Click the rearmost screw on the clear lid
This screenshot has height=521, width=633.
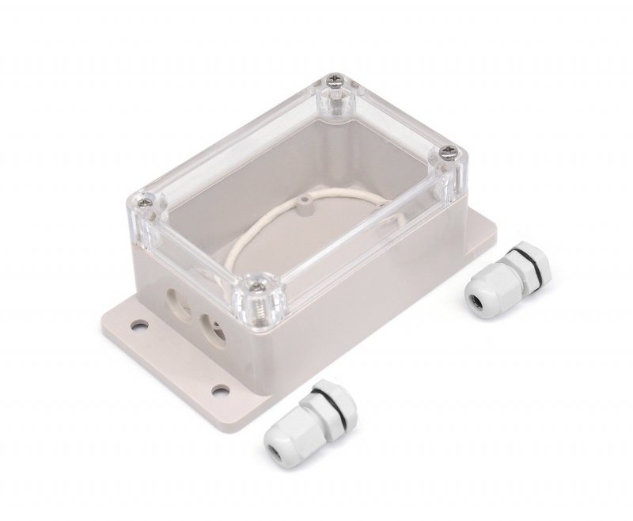pyautogui.click(x=334, y=80)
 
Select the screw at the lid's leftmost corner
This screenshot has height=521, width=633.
pyautogui.click(x=146, y=204)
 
